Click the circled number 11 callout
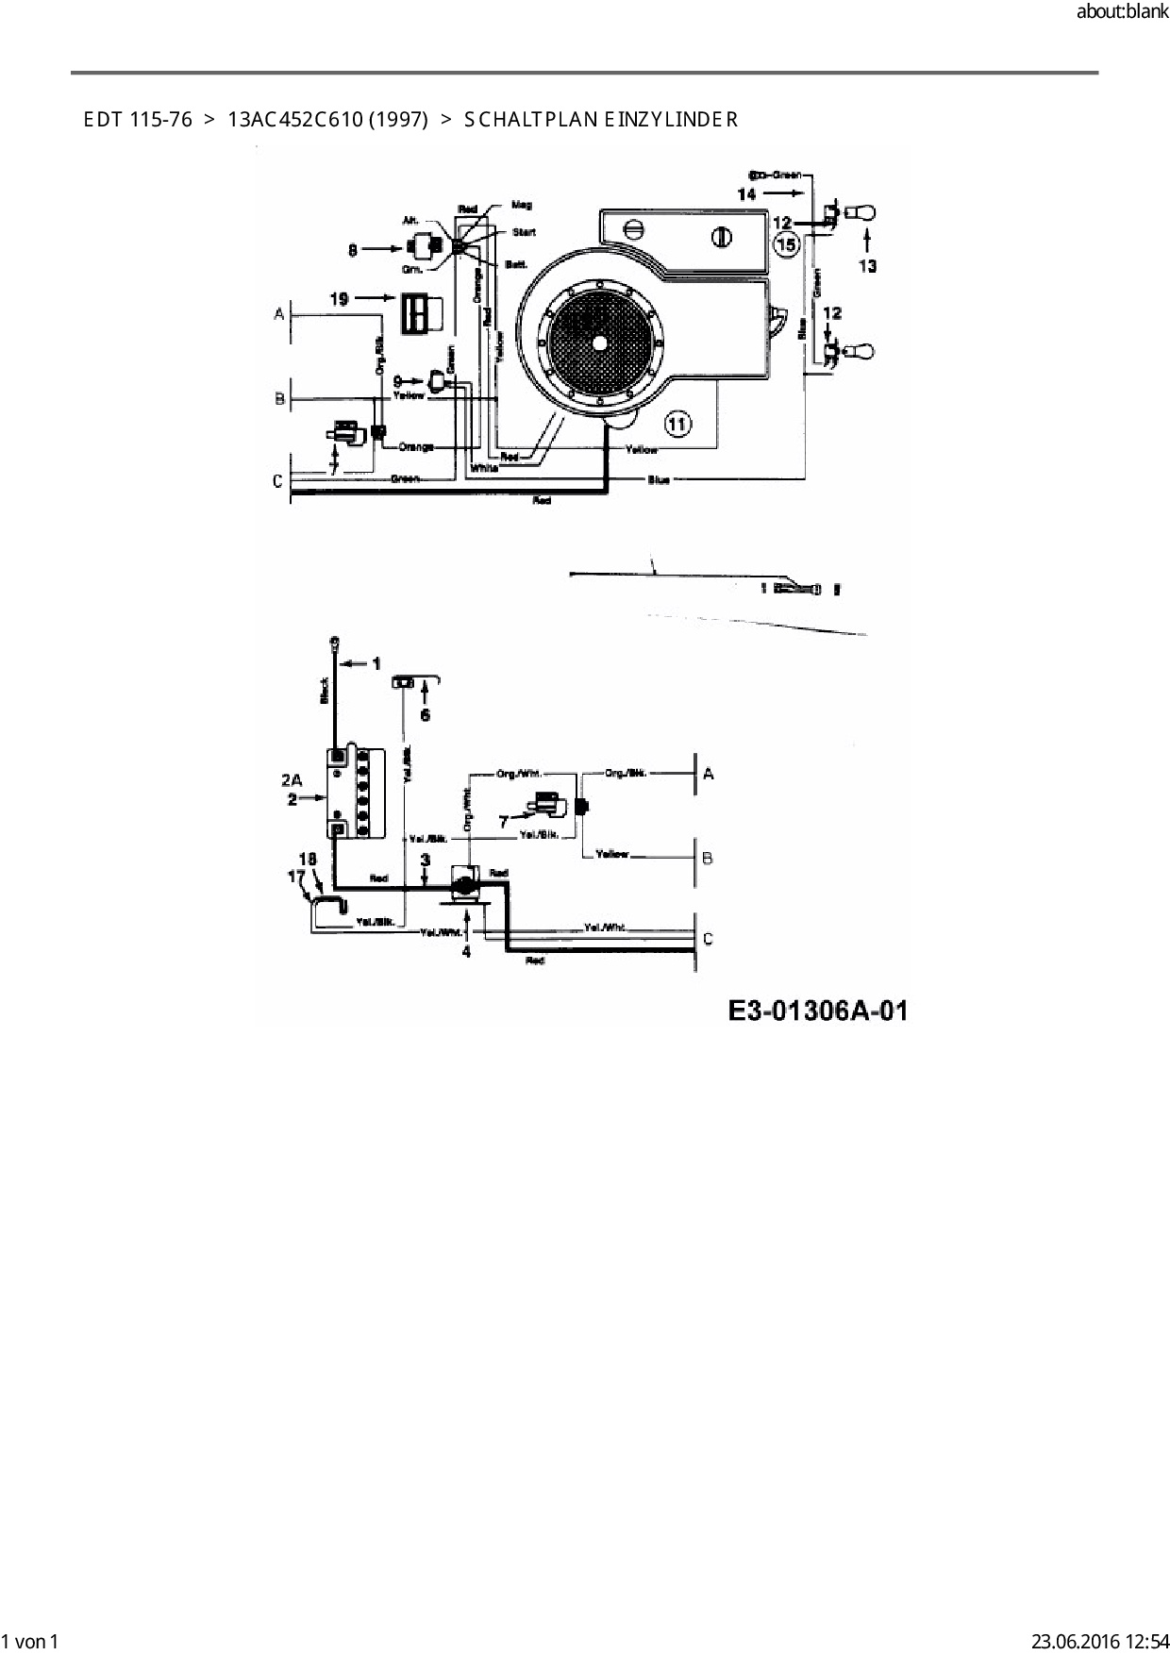pyautogui.click(x=678, y=424)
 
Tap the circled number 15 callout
pyautogui.click(x=785, y=245)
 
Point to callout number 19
pyautogui.click(x=339, y=298)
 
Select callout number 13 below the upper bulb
pyautogui.click(x=867, y=266)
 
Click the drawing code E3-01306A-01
pyautogui.click(x=818, y=1011)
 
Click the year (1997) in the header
pyautogui.click(x=398, y=120)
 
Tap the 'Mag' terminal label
pyautogui.click(x=521, y=204)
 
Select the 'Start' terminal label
pyautogui.click(x=524, y=232)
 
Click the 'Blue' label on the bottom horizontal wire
pyautogui.click(x=659, y=480)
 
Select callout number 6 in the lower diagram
pyautogui.click(x=425, y=714)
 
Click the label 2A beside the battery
pyautogui.click(x=291, y=779)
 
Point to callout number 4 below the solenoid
pyautogui.click(x=466, y=951)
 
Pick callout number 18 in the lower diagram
pyautogui.click(x=307, y=859)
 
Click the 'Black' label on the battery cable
pyautogui.click(x=324, y=692)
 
